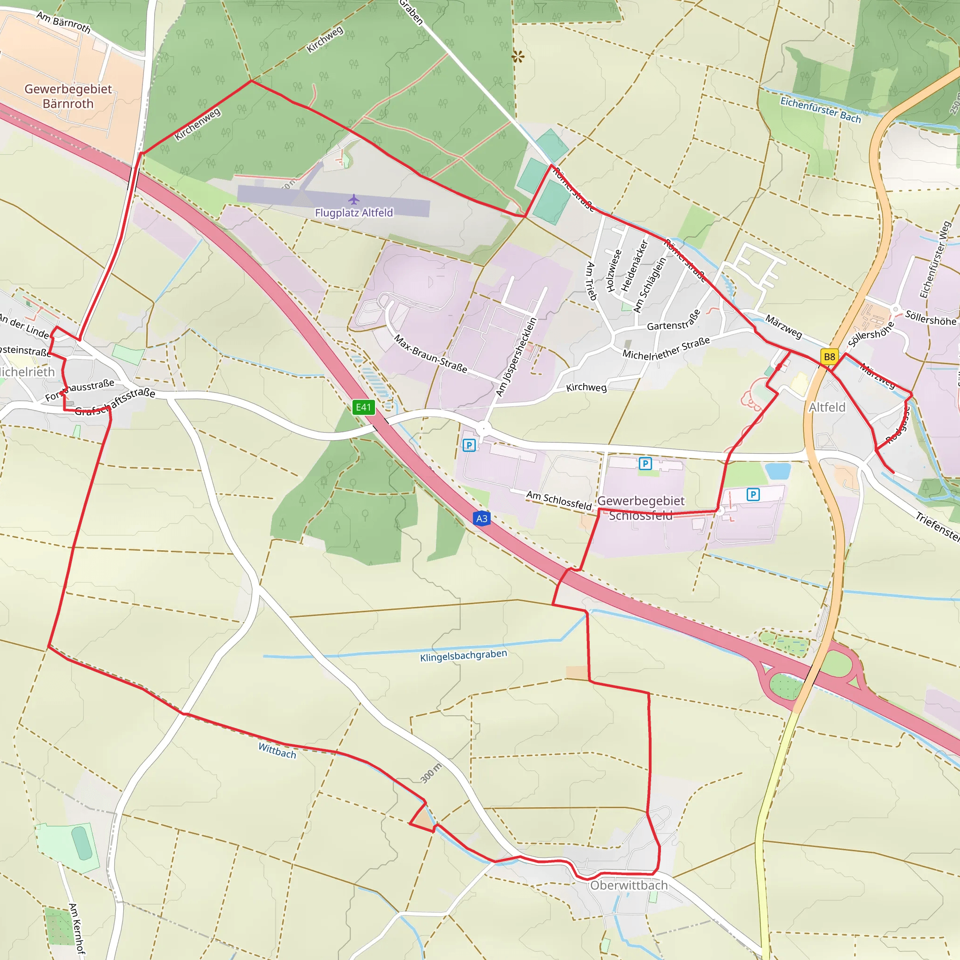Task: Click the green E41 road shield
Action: tap(363, 407)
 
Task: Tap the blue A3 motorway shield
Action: tap(481, 519)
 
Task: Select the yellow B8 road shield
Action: tap(829, 357)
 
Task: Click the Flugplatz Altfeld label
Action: tap(354, 213)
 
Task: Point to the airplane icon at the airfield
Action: tap(354, 200)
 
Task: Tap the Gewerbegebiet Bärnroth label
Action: tap(68, 97)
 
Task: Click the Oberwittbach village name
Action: tap(629, 885)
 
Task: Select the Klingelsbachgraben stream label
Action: tap(464, 656)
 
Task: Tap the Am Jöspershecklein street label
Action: tap(517, 357)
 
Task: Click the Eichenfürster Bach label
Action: tap(820, 109)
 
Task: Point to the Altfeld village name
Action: tap(827, 407)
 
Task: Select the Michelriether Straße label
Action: tap(666, 348)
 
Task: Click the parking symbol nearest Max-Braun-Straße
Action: tap(469, 445)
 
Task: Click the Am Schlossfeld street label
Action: tap(559, 501)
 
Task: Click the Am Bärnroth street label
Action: tap(64, 22)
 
